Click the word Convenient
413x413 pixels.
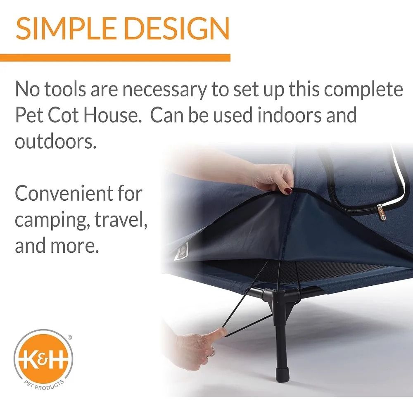click(78, 193)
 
